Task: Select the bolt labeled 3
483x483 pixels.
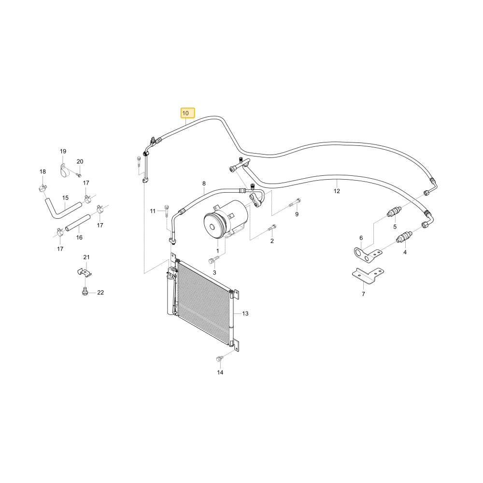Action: pyautogui.click(x=213, y=259)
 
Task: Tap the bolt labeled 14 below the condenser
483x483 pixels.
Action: pyautogui.click(x=220, y=359)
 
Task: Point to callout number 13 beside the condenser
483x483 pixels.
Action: pyautogui.click(x=245, y=313)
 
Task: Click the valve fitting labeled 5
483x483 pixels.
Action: pyautogui.click(x=394, y=212)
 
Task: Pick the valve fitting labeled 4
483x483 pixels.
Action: pyautogui.click(x=404, y=237)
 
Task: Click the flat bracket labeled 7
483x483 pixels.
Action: pyautogui.click(x=368, y=276)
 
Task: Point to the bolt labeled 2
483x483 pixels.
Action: pyautogui.click(x=271, y=228)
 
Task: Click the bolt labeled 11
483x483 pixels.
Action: pyautogui.click(x=167, y=211)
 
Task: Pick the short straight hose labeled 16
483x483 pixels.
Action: pyautogui.click(x=78, y=223)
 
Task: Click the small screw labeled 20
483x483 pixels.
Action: pyautogui.click(x=78, y=175)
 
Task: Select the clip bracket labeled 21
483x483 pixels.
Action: pyautogui.click(x=84, y=272)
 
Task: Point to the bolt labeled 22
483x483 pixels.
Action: pyautogui.click(x=85, y=291)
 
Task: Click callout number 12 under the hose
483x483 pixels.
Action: pyautogui.click(x=337, y=191)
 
